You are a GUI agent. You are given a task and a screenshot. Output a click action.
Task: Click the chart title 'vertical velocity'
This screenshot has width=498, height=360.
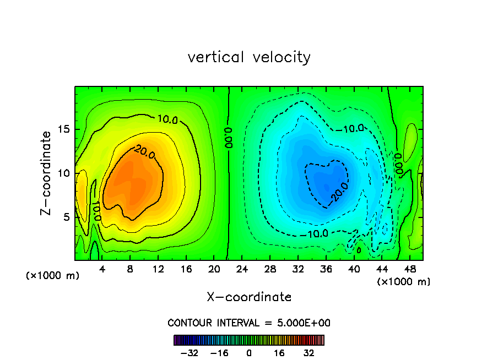click(249, 57)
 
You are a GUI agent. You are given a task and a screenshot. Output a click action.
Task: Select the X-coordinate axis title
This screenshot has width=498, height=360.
click(249, 297)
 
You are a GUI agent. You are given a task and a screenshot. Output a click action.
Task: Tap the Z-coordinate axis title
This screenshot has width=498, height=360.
click(48, 173)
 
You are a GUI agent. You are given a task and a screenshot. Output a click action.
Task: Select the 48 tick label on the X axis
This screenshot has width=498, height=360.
click(410, 270)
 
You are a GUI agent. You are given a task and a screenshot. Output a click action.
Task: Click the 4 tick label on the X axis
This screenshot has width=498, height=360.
click(102, 270)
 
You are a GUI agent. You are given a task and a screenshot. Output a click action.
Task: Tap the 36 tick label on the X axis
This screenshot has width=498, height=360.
click(326, 270)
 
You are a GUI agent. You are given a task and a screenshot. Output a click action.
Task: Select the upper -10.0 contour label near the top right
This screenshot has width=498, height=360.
click(353, 129)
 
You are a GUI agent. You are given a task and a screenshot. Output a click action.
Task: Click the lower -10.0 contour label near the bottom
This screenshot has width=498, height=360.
click(317, 233)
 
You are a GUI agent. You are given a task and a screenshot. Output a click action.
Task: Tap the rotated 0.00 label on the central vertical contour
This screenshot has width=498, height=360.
click(229, 137)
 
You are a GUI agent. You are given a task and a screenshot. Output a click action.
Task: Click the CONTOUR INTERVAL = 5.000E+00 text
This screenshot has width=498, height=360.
click(249, 323)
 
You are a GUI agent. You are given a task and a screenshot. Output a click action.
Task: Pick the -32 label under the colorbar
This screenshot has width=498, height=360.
click(189, 353)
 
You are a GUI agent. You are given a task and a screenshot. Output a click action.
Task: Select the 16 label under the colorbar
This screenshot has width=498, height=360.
click(279, 353)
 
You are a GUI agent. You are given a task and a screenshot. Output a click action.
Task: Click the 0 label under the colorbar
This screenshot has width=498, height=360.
click(249, 353)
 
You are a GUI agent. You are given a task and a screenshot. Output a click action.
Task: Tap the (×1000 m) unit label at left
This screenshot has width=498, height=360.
click(53, 275)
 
